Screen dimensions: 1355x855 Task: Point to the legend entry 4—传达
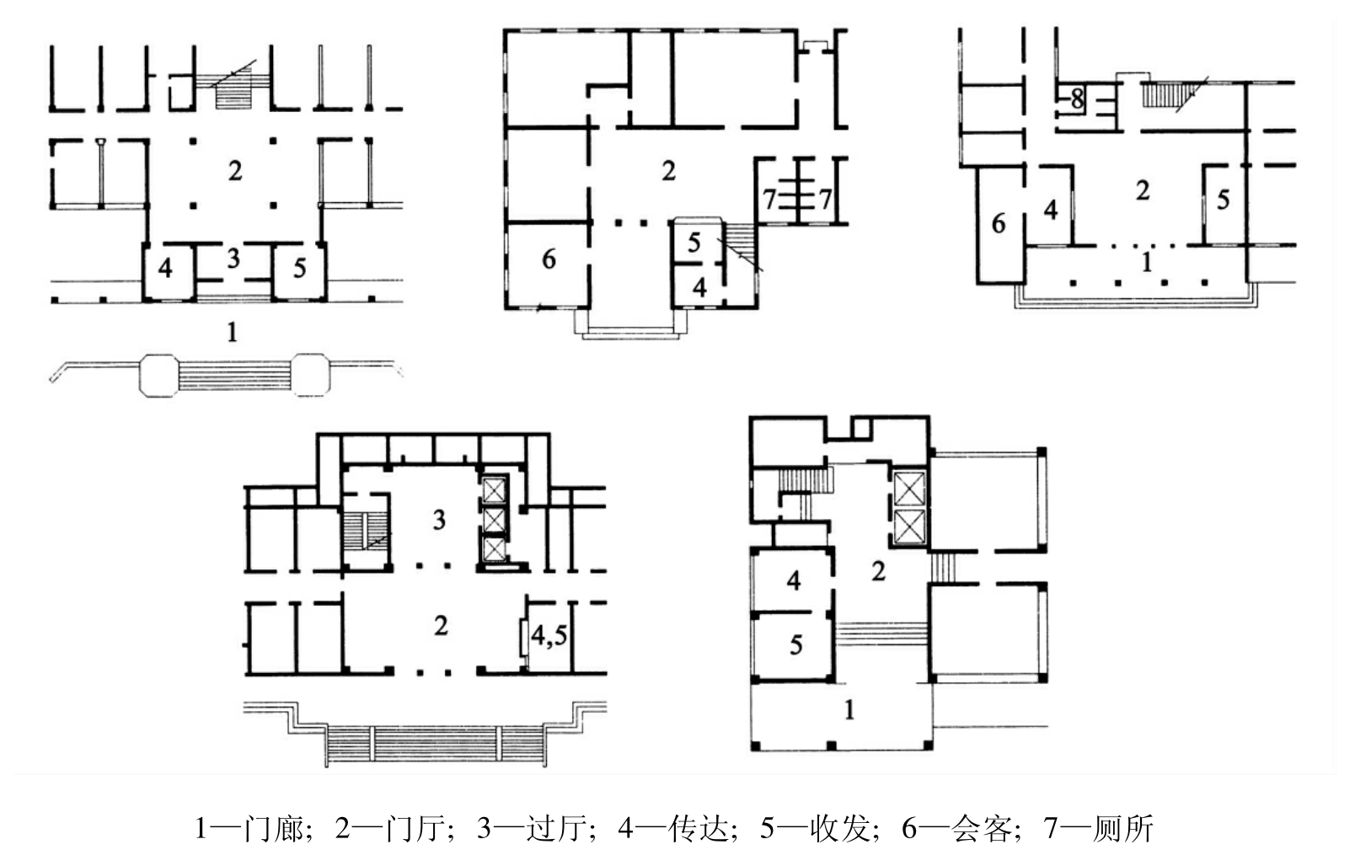[x=677, y=828]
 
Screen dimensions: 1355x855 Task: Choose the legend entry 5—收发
[x=818, y=828]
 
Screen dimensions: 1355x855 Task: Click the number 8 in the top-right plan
[x=1077, y=99]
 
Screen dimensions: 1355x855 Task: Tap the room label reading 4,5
[x=549, y=635]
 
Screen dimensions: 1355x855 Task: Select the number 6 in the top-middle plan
[x=549, y=259]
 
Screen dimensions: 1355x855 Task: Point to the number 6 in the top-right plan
[x=998, y=223]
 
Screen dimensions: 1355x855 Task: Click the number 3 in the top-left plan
[x=233, y=259]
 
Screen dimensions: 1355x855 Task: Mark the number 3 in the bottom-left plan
[x=439, y=520]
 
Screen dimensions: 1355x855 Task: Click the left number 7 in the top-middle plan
[x=769, y=199]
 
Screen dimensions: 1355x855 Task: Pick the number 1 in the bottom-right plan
[x=850, y=709]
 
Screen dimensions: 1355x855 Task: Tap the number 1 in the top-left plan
[x=232, y=332]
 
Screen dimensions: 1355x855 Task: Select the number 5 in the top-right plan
[x=1223, y=199]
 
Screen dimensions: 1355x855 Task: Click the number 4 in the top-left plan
[x=164, y=267]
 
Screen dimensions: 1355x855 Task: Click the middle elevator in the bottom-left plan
[x=494, y=520]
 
